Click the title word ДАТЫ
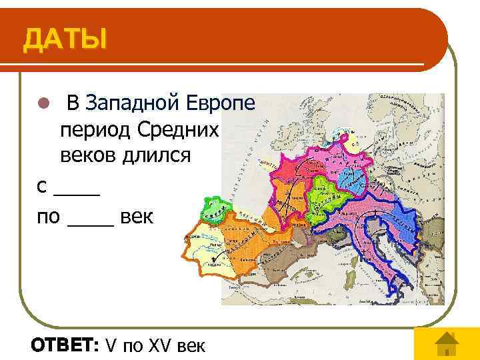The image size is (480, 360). click(65, 39)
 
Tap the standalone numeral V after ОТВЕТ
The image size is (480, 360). click(111, 345)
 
